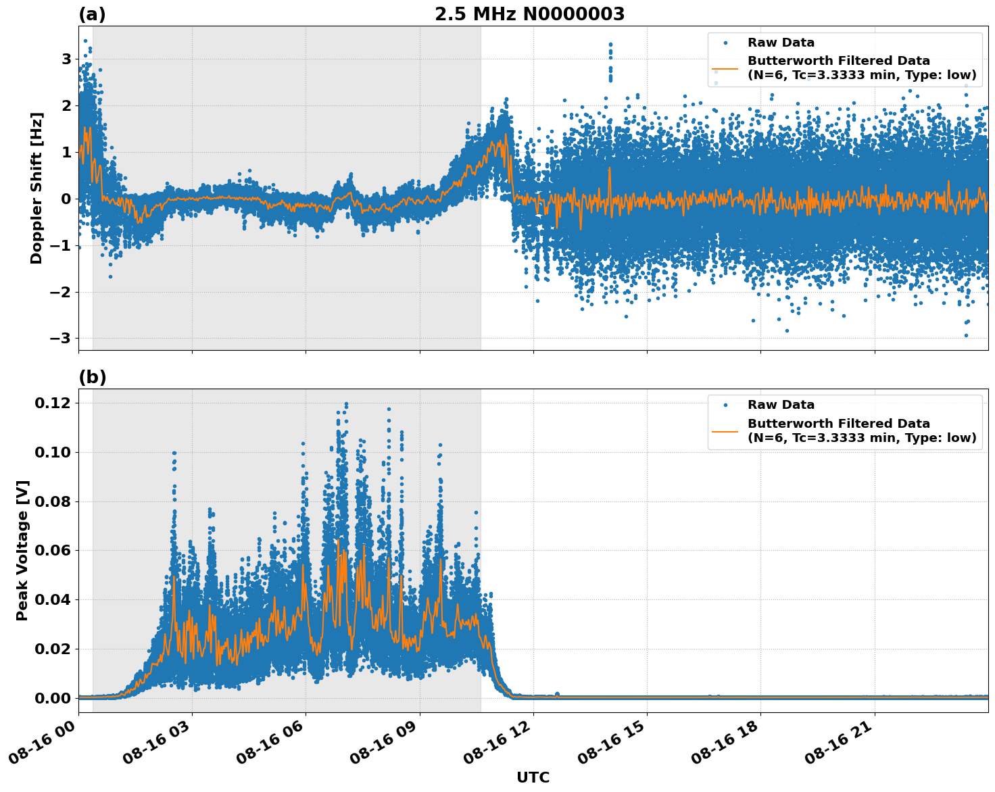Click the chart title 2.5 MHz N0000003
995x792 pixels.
tap(529, 14)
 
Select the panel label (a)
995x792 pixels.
tap(92, 14)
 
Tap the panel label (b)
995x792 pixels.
tap(92, 377)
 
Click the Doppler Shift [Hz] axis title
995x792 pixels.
tap(37, 188)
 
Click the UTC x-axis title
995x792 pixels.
tap(533, 777)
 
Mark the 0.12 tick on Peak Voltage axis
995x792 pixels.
tap(53, 403)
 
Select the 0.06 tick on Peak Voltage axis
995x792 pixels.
tap(53, 550)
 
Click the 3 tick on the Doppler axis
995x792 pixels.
tap(66, 59)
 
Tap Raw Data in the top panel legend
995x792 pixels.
tap(781, 43)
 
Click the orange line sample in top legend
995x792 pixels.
tap(725, 68)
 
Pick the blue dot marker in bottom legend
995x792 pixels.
tap(725, 405)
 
